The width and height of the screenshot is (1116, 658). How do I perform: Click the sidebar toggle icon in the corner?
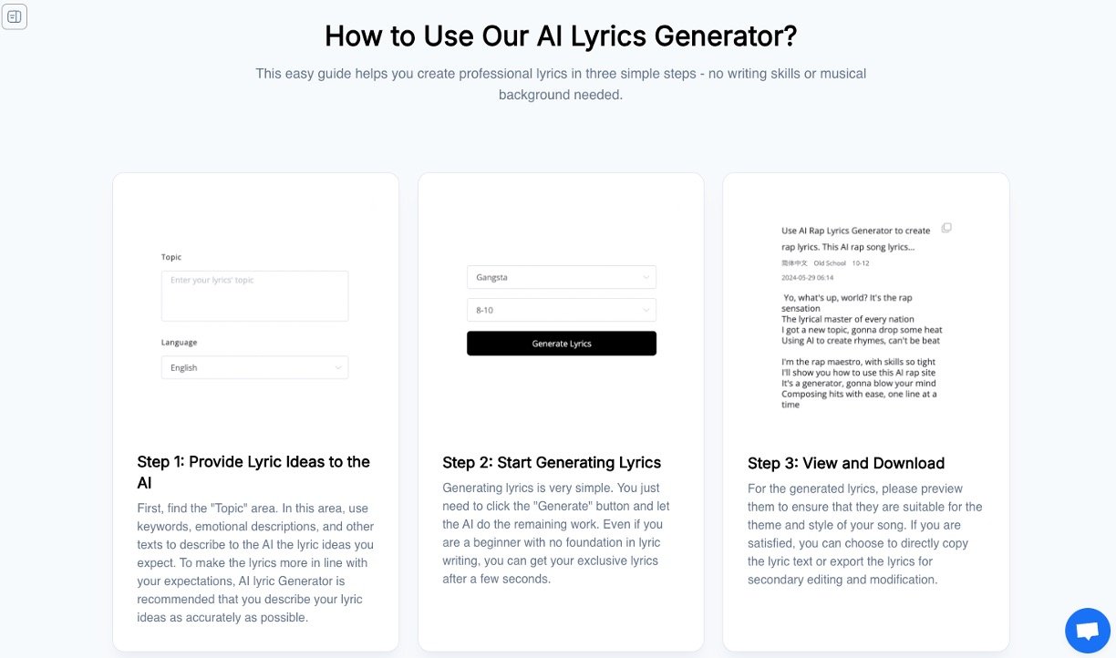tap(15, 16)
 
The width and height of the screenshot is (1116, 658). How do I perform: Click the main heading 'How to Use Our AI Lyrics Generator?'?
tap(560, 36)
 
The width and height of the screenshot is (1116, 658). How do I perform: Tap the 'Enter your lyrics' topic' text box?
tap(254, 295)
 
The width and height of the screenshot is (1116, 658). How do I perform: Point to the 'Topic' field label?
tap(171, 257)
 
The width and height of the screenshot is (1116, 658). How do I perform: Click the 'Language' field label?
tap(179, 343)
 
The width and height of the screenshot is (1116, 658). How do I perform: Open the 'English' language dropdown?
tap(254, 367)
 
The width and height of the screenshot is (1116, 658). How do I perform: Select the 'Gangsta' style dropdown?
tap(561, 277)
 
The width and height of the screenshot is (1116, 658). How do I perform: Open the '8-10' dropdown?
tap(561, 310)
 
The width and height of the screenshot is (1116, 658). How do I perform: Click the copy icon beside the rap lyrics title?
tap(946, 228)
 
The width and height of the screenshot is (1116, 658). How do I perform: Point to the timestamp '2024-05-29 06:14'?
tap(807, 277)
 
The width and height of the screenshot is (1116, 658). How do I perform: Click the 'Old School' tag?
tap(830, 262)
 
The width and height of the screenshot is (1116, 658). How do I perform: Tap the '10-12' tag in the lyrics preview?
tap(861, 262)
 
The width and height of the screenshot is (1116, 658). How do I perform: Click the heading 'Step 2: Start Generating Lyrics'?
tap(552, 463)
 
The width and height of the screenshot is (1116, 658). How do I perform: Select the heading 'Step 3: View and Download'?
tap(845, 463)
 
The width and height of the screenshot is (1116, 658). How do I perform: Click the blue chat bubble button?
tap(1087, 631)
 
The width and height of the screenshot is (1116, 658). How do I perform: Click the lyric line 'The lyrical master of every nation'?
tap(847, 319)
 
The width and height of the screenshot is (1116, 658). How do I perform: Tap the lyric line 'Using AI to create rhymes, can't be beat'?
tap(860, 341)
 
